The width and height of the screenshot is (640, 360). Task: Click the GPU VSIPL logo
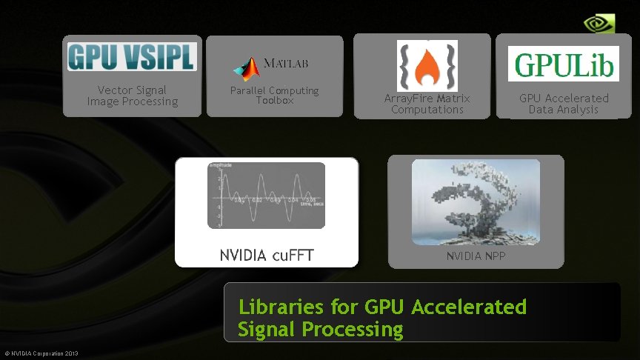tap(132, 56)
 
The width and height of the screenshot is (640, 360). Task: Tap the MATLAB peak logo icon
tap(247, 68)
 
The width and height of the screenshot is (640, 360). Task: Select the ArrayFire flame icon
tap(427, 66)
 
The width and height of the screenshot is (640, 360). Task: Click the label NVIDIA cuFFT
tap(267, 256)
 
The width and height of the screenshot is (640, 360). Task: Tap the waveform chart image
tap(266, 195)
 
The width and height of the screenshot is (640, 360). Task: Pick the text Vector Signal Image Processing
tap(133, 96)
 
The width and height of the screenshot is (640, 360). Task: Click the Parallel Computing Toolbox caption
tap(274, 95)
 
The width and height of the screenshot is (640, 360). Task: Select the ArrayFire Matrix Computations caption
tap(427, 104)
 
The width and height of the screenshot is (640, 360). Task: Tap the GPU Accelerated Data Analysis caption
tap(564, 104)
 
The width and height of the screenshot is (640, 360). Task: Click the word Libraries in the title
tap(281, 307)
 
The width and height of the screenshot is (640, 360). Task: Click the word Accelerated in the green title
tap(468, 307)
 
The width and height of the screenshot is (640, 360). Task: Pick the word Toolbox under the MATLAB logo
tap(275, 100)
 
